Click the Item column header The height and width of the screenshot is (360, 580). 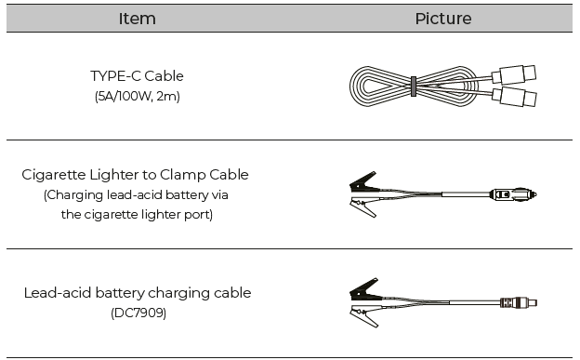pos(137,19)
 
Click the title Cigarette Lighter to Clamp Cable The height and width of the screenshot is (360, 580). pos(136,175)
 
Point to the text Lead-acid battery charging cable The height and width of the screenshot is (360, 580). pos(137,293)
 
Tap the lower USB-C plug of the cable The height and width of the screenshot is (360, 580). pos(514,96)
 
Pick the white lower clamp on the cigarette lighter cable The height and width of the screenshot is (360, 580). pos(362,207)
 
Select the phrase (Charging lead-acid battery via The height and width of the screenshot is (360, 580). pos(136,194)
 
